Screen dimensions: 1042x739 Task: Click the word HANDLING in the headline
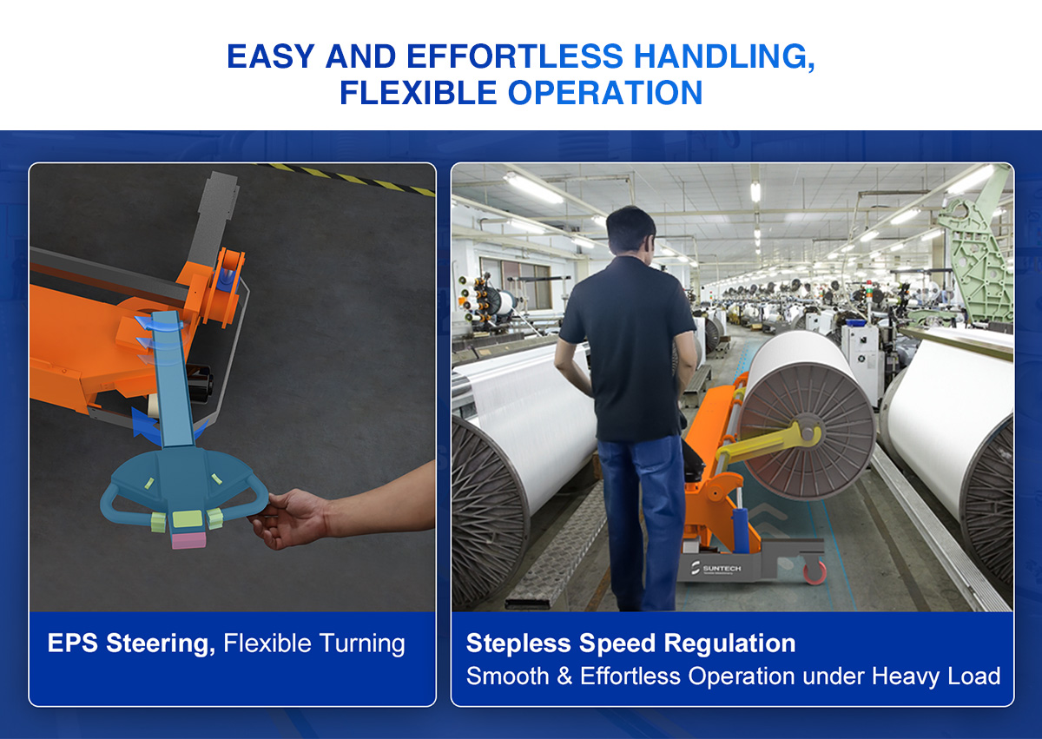click(724, 56)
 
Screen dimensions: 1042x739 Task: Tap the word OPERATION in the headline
click(604, 93)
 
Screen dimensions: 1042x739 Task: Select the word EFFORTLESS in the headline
click(515, 56)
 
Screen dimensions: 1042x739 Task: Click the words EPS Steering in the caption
click(131, 643)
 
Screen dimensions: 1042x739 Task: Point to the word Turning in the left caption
click(362, 644)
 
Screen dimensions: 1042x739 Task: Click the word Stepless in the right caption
click(518, 643)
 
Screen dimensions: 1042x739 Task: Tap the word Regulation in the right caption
click(729, 643)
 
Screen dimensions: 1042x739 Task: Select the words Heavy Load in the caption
click(936, 676)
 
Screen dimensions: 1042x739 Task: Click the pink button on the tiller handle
click(188, 539)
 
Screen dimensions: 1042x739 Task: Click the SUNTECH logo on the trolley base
click(716, 568)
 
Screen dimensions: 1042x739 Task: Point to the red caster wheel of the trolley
click(814, 572)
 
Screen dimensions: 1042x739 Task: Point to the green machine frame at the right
click(977, 260)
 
